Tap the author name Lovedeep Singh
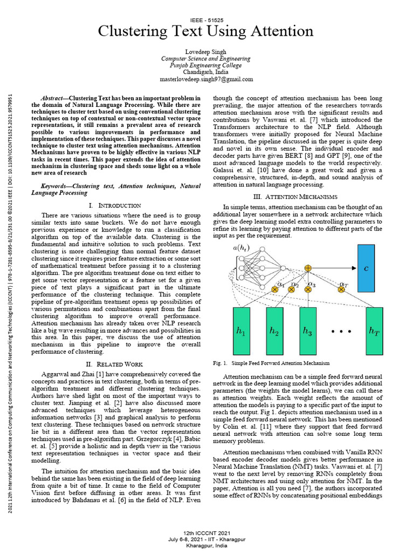(206, 51)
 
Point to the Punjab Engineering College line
(206, 65)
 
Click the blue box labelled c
(366, 268)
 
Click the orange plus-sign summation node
(308, 268)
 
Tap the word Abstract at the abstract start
(53, 98)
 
